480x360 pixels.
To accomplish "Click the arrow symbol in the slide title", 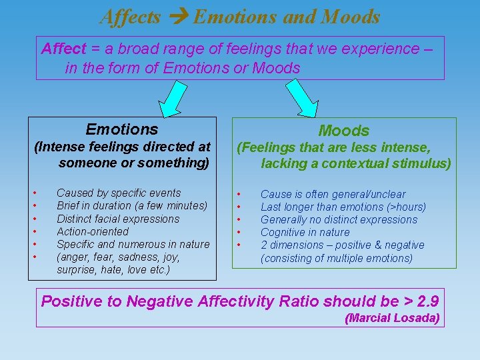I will pos(177,17).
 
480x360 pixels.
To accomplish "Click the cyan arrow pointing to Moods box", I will pos(302,99).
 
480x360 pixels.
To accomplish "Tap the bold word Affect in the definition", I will pos(63,49).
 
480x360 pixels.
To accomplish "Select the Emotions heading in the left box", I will pos(122,129).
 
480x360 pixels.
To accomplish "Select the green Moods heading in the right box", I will pos(343,131).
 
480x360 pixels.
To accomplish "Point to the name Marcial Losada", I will pos(392,319).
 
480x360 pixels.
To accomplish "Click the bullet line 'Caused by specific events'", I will pos(119,193).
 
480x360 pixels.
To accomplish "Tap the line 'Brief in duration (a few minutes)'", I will pos(132,206).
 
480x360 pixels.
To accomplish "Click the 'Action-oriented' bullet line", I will pos(93,231).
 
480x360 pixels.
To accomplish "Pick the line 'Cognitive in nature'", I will pos(305,233).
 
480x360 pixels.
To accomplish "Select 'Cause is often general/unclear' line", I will pos(333,194).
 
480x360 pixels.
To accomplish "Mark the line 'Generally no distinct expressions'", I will pos(339,220).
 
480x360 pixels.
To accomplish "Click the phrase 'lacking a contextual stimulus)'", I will pos(355,163).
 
